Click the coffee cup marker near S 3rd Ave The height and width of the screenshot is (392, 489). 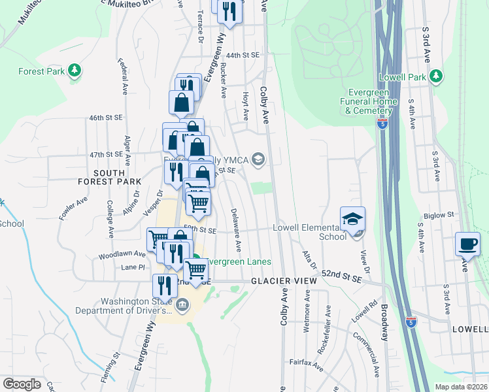pos(467,244)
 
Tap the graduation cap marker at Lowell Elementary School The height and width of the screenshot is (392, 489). pos(353,218)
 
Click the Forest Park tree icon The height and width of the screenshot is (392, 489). pos(75,69)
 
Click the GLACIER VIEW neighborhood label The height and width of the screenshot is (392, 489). pos(284,280)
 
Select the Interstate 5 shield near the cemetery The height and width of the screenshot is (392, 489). pos(382,123)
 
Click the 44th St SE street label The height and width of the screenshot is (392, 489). pos(242,56)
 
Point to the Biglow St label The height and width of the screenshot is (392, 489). pos(438,215)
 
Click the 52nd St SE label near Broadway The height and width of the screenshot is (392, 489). pos(341,278)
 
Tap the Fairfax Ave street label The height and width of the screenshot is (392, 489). pos(307,361)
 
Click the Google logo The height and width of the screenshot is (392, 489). pos(22,384)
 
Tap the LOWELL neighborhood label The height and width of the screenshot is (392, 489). pos(470,330)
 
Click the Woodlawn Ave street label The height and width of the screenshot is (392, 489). pos(122,254)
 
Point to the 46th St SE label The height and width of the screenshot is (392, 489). pos(106,118)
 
